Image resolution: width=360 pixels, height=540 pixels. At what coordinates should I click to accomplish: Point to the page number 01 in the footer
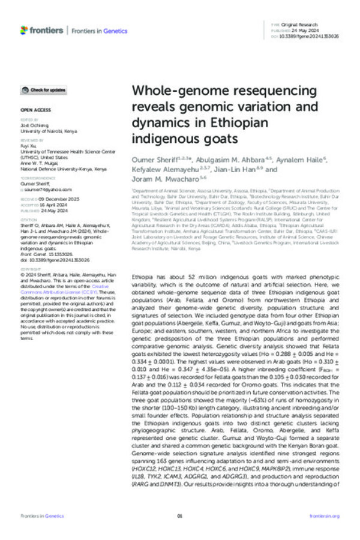pos(179,516)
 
